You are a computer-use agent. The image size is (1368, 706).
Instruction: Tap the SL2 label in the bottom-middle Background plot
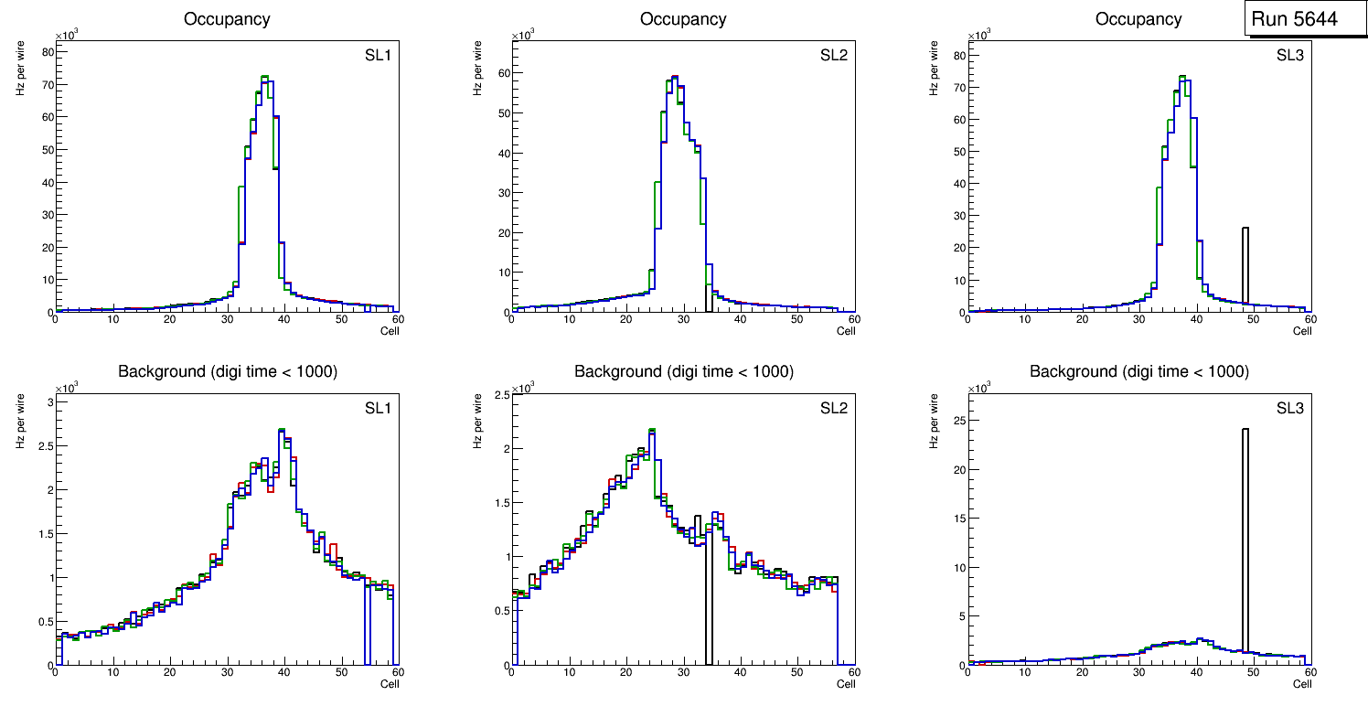coord(834,409)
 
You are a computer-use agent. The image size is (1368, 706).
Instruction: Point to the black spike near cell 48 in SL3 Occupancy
coord(1245,265)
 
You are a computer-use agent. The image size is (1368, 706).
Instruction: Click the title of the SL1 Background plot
coord(226,371)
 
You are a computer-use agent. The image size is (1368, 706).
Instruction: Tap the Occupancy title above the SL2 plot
coord(682,18)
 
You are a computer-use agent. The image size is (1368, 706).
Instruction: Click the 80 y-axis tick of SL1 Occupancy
coord(48,51)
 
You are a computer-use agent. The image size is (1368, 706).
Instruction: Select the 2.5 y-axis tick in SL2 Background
coord(499,394)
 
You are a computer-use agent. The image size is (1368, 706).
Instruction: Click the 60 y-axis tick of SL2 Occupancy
coord(503,73)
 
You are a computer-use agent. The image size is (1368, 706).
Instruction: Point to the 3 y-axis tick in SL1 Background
coord(49,402)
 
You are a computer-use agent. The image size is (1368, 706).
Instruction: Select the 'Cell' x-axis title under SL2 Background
coord(846,684)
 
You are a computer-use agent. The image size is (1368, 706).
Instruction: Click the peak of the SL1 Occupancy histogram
coord(264,77)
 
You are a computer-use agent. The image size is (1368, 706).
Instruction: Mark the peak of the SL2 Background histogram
coord(651,429)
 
